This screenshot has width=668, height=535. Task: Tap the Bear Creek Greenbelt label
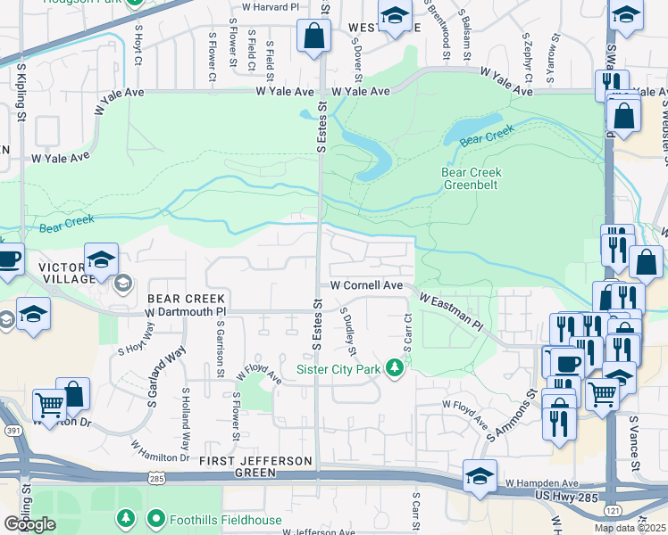(x=472, y=179)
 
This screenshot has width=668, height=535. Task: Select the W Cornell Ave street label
(x=367, y=285)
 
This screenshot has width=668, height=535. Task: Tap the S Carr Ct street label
(x=407, y=331)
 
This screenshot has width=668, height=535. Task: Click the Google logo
(x=29, y=524)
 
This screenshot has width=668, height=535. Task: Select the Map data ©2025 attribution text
(x=630, y=528)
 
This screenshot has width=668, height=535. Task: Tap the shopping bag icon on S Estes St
(x=313, y=37)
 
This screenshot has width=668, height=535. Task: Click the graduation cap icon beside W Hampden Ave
(x=480, y=477)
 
